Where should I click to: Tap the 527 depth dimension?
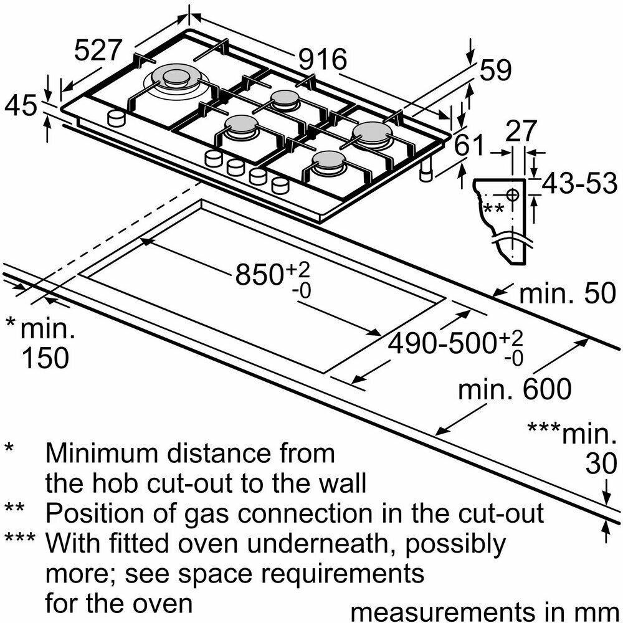tap(97, 50)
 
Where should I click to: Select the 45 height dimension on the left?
tap(21, 105)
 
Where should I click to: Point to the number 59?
tap(495, 70)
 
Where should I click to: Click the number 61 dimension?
tap(468, 145)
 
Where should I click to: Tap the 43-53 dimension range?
tap(579, 183)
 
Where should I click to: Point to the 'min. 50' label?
tap(568, 293)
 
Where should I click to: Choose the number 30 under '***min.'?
tap(602, 463)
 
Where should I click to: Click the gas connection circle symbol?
tap(513, 194)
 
